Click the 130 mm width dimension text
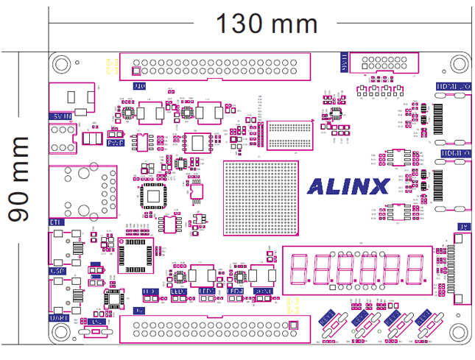266,24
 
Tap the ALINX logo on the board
348,186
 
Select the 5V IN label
60,116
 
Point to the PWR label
115,143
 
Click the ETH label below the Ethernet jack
57,222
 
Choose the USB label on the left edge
57,270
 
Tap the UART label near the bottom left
60,317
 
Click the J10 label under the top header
138,86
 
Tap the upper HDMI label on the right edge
453,86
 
